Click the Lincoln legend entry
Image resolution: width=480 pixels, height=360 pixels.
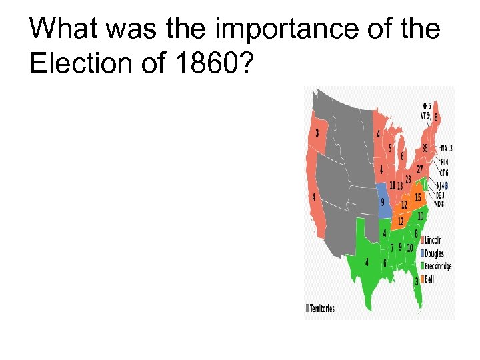(x=431, y=240)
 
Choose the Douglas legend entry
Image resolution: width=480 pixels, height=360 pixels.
(x=432, y=253)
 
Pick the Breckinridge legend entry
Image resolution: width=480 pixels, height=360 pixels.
(x=436, y=267)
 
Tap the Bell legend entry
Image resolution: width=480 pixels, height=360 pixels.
(x=427, y=280)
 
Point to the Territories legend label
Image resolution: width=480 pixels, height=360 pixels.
(x=321, y=309)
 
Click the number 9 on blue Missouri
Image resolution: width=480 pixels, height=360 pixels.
(x=383, y=201)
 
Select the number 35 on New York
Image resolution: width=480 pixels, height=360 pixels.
(x=425, y=148)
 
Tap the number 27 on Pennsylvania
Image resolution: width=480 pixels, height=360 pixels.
(x=420, y=170)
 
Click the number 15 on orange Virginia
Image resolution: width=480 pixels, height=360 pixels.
(x=418, y=198)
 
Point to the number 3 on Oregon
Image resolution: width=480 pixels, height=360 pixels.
(x=317, y=133)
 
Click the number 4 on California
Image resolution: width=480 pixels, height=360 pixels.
(x=313, y=197)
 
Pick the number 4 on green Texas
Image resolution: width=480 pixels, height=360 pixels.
(x=367, y=262)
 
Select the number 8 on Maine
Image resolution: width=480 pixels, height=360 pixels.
(x=437, y=118)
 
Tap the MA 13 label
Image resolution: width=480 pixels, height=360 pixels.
(x=446, y=148)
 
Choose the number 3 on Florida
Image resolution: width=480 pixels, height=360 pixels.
(x=417, y=282)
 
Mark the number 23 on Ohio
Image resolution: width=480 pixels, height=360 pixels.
(x=408, y=179)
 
